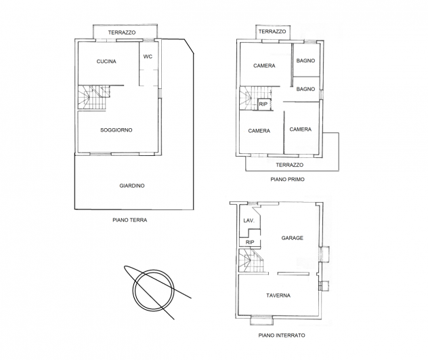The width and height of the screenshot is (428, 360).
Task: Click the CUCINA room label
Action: pyautogui.click(x=106, y=62)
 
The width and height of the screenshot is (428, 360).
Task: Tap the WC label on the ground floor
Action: pyautogui.click(x=148, y=56)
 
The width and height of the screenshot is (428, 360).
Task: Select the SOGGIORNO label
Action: pyautogui.click(x=116, y=130)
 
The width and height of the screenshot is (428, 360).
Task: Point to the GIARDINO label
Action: pyautogui.click(x=132, y=186)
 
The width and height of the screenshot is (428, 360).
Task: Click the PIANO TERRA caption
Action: pyautogui.click(x=129, y=220)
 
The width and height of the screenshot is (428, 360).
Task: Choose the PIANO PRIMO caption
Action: pyautogui.click(x=287, y=179)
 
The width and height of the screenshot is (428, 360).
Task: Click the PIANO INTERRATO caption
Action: pyautogui.click(x=282, y=335)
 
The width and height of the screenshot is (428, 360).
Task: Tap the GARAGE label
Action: pyautogui.click(x=293, y=238)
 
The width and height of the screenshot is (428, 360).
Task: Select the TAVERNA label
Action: pyautogui.click(x=278, y=296)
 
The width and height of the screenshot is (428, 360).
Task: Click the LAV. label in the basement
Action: pyautogui.click(x=249, y=220)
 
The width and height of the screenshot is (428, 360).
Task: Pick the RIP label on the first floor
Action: pyautogui.click(x=263, y=104)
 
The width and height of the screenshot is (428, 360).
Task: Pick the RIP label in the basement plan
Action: pyautogui.click(x=250, y=242)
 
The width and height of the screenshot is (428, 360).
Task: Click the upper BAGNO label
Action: pyautogui.click(x=305, y=61)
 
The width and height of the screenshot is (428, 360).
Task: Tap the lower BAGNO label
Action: pyautogui.click(x=305, y=89)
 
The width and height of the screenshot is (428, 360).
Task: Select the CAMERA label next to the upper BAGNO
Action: pyautogui.click(x=264, y=66)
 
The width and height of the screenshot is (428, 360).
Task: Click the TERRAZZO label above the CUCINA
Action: pyautogui.click(x=122, y=33)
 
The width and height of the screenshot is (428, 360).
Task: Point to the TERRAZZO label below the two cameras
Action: pyautogui.click(x=290, y=165)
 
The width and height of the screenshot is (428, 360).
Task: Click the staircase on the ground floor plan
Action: pyautogui.click(x=94, y=98)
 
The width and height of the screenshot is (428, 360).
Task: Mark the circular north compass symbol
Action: pyautogui.click(x=153, y=290)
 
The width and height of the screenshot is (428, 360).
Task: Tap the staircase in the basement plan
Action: pyautogui.click(x=251, y=260)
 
